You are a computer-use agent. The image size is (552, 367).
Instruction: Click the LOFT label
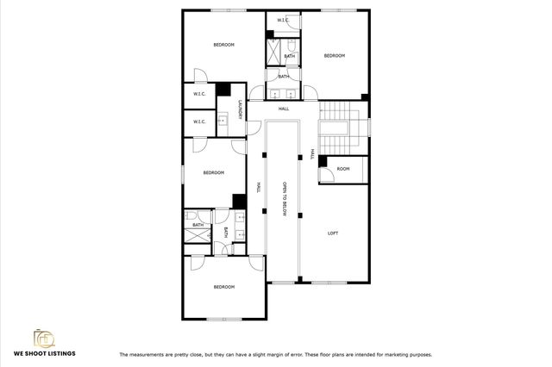coord(333,233)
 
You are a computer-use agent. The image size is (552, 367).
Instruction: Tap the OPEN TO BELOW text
coord(284,201)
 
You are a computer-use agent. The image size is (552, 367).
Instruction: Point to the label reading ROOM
coord(343,169)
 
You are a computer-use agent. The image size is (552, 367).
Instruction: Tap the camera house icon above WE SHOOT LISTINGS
coord(43,337)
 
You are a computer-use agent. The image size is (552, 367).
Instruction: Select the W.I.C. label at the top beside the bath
coord(282,20)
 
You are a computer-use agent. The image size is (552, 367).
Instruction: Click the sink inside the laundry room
coord(222,121)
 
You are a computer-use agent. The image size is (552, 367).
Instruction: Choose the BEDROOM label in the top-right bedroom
coord(334,56)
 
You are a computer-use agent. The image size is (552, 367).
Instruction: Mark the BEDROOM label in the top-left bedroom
coord(224,45)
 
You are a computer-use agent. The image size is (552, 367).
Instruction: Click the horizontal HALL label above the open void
coord(284,109)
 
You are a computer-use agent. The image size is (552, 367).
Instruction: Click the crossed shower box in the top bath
coord(276,53)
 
